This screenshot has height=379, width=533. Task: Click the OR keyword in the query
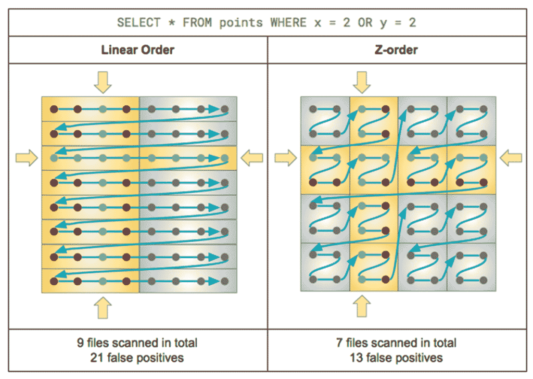click(365, 22)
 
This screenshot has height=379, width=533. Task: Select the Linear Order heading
click(137, 50)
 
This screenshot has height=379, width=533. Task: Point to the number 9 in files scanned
click(80, 343)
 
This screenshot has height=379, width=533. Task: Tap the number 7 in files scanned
click(340, 343)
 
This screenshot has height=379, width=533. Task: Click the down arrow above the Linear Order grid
click(103, 81)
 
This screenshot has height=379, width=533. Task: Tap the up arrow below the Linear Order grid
click(103, 308)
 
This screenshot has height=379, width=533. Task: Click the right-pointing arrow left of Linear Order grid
click(27, 157)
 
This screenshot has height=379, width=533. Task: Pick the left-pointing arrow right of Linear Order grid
click(253, 157)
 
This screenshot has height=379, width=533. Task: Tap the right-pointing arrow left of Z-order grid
click(285, 157)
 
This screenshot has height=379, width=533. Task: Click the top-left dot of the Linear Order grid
click(53, 109)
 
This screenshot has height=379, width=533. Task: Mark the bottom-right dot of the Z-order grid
click(484, 281)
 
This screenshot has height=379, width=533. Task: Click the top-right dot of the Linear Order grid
click(224, 109)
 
